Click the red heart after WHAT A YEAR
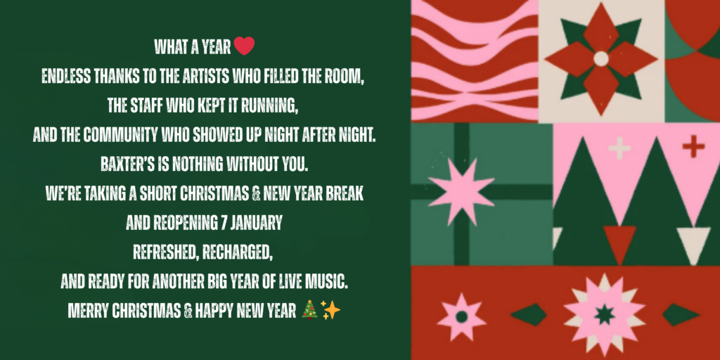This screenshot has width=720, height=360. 244,46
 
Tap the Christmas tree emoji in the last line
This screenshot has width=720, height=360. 310,309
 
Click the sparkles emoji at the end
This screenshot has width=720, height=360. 330,310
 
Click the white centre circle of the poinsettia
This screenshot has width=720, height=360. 600,59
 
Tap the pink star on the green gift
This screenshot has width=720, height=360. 461,191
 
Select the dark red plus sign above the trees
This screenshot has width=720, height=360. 693,146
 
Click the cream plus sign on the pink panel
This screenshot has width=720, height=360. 619,148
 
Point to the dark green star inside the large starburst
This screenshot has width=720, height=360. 604,314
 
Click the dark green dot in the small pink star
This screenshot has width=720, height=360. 461,316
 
